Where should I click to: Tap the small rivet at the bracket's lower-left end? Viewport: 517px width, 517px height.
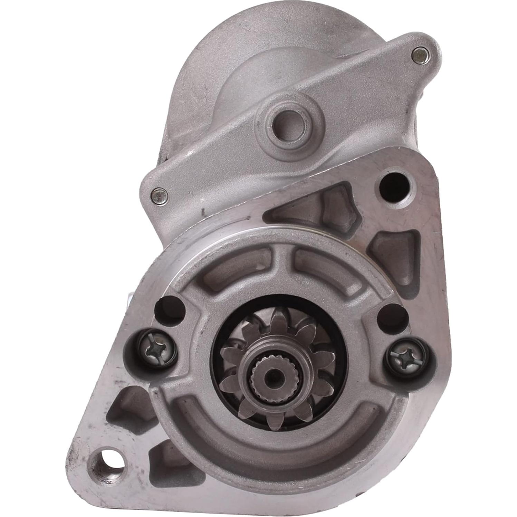coord(160,195)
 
